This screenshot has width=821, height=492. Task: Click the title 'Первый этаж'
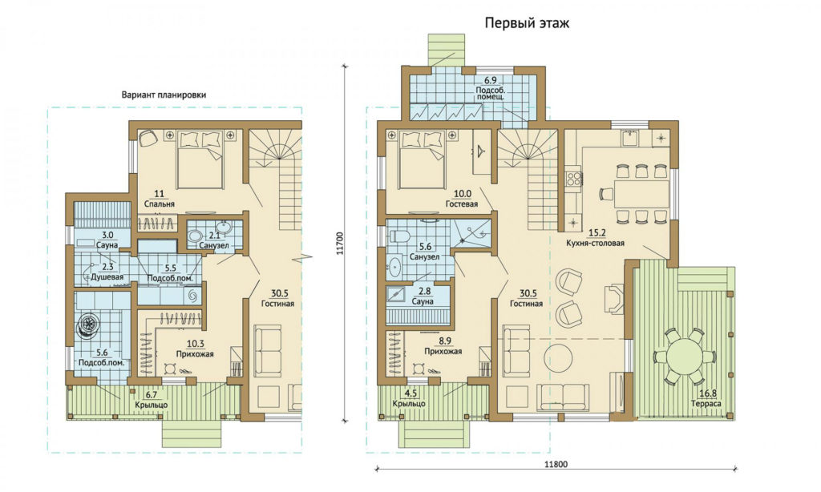click(527, 23)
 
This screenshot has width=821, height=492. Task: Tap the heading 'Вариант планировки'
click(164, 95)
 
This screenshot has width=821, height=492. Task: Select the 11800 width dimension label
click(556, 464)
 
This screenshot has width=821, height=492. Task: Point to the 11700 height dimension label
click(340, 244)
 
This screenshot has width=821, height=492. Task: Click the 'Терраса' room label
click(706, 404)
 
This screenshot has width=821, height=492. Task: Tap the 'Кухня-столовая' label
click(595, 243)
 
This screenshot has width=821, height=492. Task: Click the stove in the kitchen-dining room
click(572, 177)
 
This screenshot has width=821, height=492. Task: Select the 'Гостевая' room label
click(462, 204)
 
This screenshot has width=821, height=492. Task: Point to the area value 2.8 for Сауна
click(423, 292)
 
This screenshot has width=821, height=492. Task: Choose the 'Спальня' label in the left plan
click(160, 204)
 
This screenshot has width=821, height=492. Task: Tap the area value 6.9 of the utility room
click(490, 81)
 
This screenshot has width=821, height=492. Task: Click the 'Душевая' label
click(107, 277)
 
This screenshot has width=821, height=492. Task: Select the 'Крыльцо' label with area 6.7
click(152, 405)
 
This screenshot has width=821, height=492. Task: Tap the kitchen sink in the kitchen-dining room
click(629, 137)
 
